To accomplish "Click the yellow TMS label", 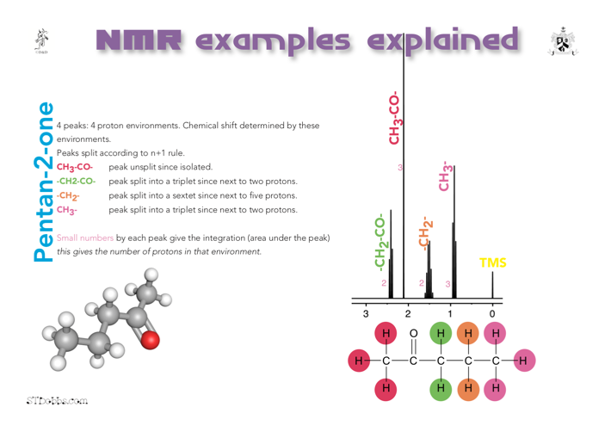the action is tap(493, 262).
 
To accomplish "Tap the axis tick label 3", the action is tap(366, 313).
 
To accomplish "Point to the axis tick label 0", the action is tap(492, 313).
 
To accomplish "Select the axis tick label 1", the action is tap(450, 313).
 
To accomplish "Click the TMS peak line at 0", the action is tap(492, 285).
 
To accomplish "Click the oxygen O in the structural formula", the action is tap(413, 333).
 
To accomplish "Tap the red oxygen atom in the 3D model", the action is tap(150, 340).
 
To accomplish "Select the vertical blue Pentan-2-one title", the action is tap(43, 182).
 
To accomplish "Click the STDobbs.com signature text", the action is tap(57, 400).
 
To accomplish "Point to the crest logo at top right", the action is tap(563, 41).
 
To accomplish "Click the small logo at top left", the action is tap(41, 40).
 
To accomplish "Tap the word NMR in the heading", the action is tap(139, 40).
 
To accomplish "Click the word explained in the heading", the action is tap(443, 41).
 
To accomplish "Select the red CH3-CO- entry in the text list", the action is tap(75, 168).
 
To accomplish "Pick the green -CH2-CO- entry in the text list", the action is tap(76, 181).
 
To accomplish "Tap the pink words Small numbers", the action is tap(85, 238).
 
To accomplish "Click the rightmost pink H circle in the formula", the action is tap(524, 361).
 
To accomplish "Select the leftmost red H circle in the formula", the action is tap(359, 361).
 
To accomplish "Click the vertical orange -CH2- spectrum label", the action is tap(425, 233).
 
